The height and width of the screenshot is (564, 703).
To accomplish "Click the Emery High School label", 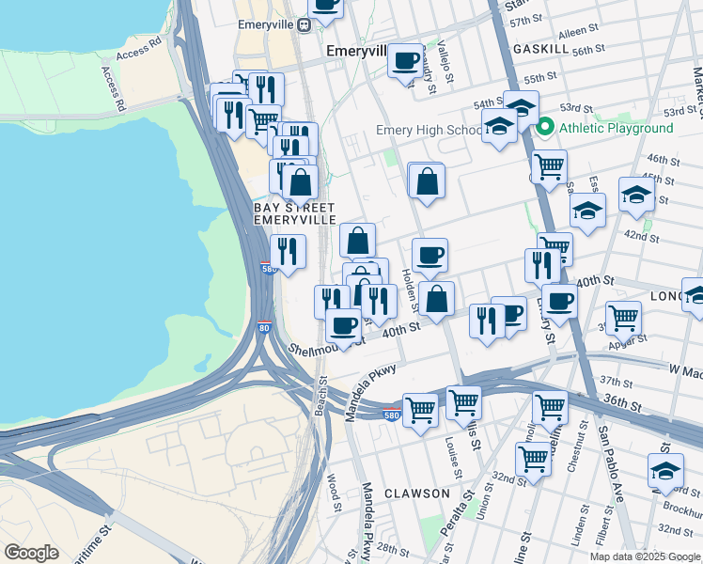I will pyautogui.click(x=429, y=131).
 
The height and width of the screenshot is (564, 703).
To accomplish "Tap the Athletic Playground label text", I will pyautogui.click(x=616, y=128).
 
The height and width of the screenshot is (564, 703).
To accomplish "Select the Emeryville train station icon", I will pyautogui.click(x=304, y=25).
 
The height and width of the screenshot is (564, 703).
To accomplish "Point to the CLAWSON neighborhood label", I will pyautogui.click(x=416, y=493).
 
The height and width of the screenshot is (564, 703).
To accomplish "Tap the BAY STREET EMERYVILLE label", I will pyautogui.click(x=295, y=212).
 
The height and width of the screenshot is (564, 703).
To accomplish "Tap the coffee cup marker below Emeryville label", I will pyautogui.click(x=405, y=61).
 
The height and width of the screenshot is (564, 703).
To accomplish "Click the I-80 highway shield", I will pyautogui.click(x=264, y=329).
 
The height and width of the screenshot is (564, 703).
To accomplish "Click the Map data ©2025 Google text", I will pyautogui.click(x=645, y=556).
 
